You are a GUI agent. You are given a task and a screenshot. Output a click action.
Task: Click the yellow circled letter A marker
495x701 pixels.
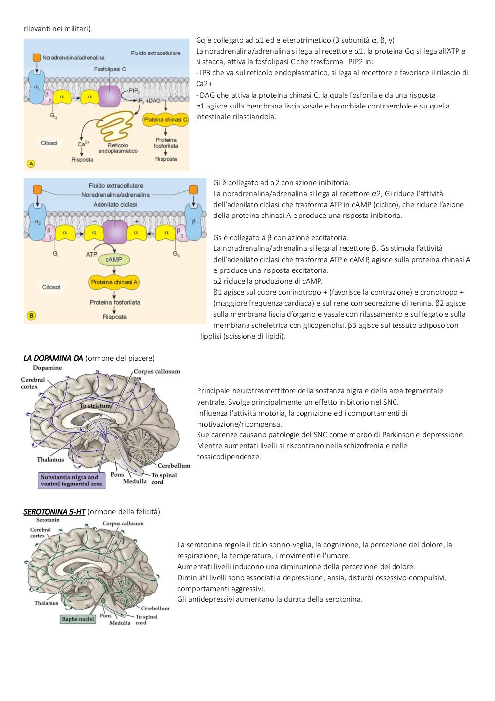coord(31,163)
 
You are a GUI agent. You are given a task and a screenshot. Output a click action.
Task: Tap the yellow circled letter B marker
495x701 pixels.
coord(31,316)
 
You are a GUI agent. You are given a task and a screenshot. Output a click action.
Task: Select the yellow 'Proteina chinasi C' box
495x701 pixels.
coord(165,120)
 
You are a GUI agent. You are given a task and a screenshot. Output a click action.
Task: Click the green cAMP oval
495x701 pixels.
coord(114,260)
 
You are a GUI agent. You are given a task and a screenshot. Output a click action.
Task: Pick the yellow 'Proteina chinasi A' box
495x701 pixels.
coord(114,282)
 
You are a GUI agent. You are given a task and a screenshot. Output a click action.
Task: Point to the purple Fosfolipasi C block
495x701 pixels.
coord(109,97)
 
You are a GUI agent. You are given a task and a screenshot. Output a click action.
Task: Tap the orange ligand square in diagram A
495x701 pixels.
coord(37,57)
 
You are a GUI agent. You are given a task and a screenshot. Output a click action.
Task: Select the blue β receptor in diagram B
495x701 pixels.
coord(193,221)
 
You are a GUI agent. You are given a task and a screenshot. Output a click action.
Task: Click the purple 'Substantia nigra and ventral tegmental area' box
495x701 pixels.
coord(72,481)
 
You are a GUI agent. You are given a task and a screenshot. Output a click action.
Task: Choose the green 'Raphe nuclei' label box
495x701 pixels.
coord(78,619)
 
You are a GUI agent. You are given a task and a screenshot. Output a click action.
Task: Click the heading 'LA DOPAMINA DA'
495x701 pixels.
coord(53,358)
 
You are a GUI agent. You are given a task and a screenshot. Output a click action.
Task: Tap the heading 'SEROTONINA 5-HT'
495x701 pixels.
coord(54,512)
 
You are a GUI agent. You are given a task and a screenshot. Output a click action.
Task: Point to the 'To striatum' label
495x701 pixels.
coord(96,406)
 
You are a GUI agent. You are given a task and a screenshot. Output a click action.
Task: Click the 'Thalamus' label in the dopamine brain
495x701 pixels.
coord(50,459)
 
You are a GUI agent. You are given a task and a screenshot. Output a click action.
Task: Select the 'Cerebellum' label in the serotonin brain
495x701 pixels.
coord(155,608)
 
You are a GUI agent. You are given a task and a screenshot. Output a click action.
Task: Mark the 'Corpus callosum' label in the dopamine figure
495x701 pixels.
coord(157,371)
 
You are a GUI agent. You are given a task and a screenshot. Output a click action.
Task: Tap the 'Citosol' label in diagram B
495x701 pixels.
coord(51,287)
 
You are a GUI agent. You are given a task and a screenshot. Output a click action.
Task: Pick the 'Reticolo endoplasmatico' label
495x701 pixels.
coord(118,148)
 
